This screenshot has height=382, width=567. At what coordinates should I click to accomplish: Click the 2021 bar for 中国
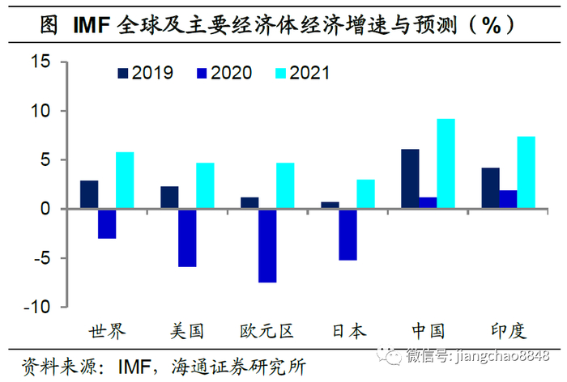(446, 163)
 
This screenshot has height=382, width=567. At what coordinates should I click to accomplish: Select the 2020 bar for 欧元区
(267, 245)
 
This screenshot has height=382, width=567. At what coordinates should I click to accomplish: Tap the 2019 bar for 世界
(89, 194)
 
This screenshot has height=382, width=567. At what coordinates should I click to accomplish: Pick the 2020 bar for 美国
(187, 237)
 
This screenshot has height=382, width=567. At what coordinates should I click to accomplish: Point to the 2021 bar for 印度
(526, 172)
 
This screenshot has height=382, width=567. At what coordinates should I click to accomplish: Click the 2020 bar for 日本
(347, 234)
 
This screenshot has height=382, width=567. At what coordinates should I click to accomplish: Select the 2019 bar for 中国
(410, 179)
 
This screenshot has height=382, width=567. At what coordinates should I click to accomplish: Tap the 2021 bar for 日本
(365, 194)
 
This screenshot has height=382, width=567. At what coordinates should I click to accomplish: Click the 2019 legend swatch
(123, 73)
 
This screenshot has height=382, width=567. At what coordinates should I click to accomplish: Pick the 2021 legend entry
(309, 73)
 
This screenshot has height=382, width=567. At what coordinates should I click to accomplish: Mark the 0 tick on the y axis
(45, 209)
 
